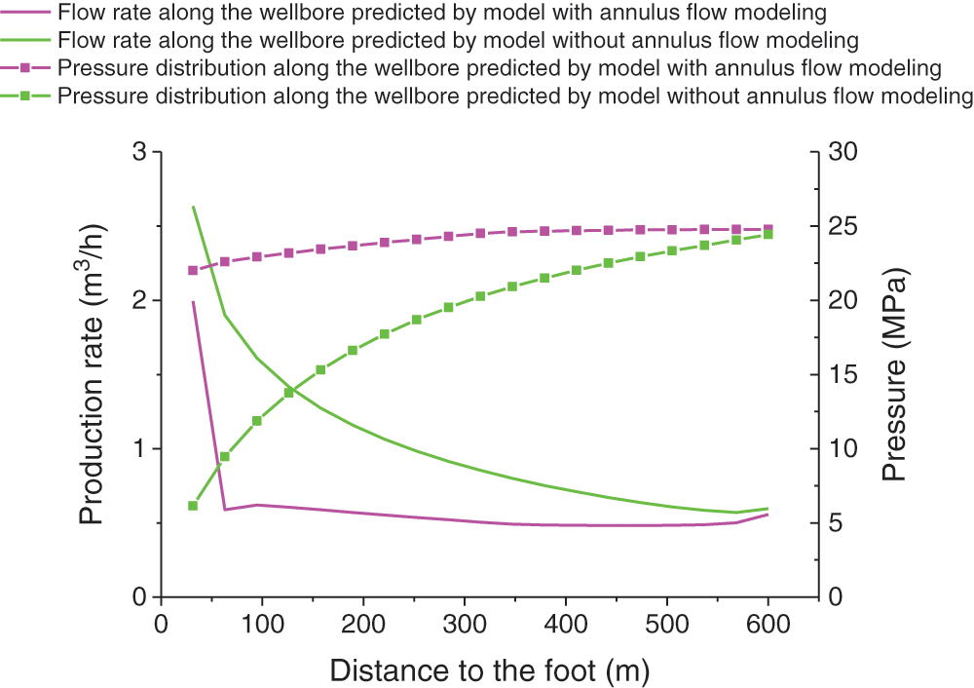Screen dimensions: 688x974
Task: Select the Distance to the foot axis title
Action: pyautogui.click(x=489, y=670)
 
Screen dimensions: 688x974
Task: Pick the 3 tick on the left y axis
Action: pyautogui.click(x=140, y=153)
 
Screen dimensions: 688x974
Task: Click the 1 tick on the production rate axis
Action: pyautogui.click(x=140, y=449)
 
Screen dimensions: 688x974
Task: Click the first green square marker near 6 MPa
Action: pyautogui.click(x=193, y=506)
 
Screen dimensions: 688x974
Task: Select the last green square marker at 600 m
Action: pyautogui.click(x=768, y=235)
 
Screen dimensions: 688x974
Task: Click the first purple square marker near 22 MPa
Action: pyautogui.click(x=193, y=271)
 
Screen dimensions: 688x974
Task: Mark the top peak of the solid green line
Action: pyautogui.click(x=193, y=207)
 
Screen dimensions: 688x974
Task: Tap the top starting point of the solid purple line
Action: pyautogui.click(x=193, y=302)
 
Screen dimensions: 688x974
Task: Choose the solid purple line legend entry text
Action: pyautogui.click(x=443, y=14)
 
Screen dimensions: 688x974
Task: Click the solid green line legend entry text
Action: pyautogui.click(x=458, y=41)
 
